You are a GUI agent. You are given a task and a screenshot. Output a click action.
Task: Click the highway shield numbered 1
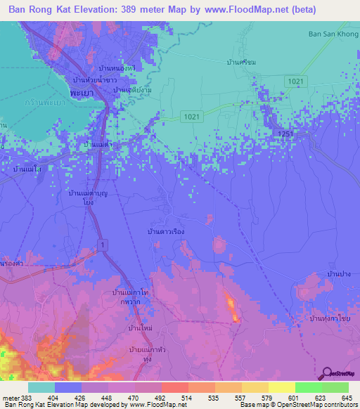[103, 243]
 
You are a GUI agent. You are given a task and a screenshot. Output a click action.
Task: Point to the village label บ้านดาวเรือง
[166, 231]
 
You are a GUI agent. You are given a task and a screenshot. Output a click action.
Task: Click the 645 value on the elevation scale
[346, 398]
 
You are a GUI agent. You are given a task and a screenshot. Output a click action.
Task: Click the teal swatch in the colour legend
[41, 387]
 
